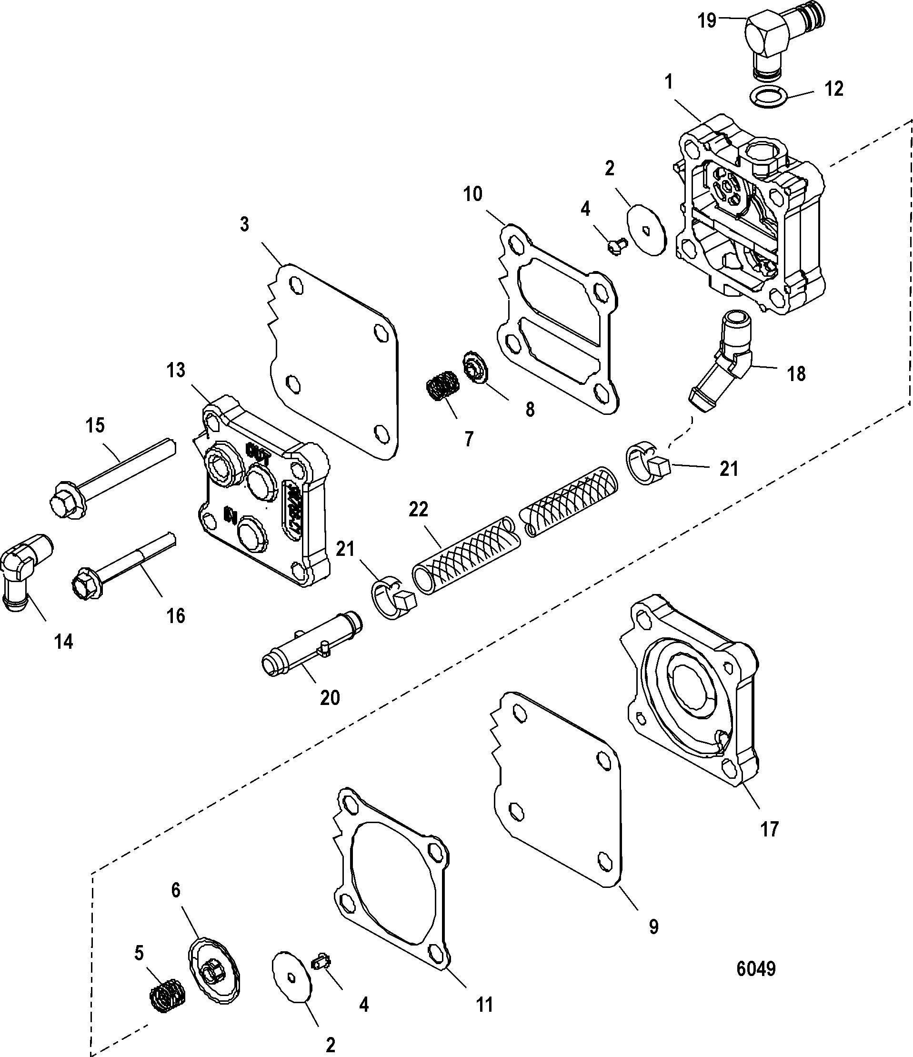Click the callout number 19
click(x=707, y=21)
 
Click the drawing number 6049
click(x=756, y=968)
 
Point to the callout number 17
click(x=770, y=829)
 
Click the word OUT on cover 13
click(x=259, y=451)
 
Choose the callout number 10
click(x=473, y=194)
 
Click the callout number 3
click(x=244, y=224)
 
